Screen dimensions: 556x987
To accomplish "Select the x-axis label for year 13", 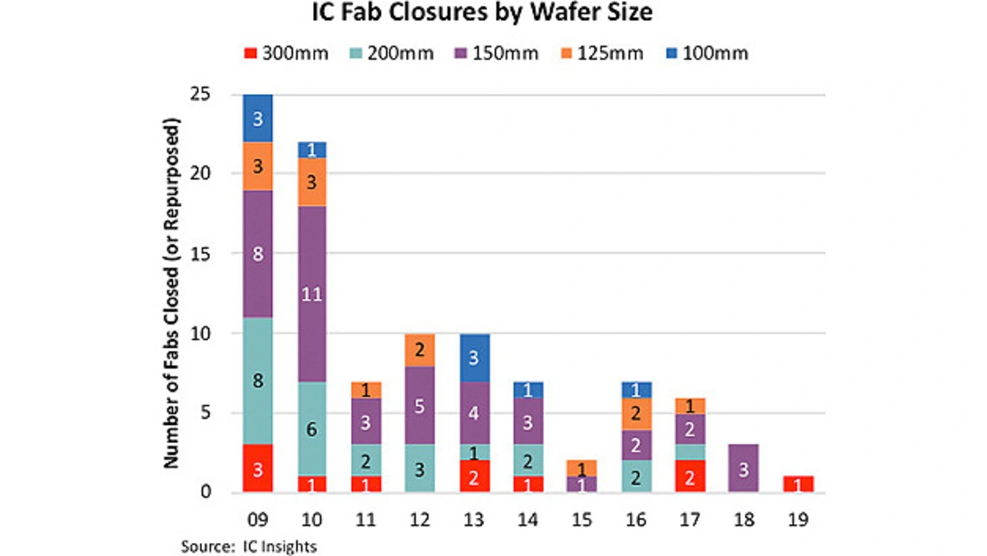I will pos(474,520).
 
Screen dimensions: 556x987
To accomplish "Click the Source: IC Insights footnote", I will pos(248,546).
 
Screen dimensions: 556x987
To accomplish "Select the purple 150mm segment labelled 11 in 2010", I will pos(312,294).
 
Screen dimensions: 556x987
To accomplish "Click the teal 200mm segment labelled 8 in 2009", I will pos(258,380).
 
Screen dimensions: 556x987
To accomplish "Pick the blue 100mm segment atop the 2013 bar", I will pos(474,357).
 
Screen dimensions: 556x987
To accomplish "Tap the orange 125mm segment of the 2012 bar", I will pos(420,350).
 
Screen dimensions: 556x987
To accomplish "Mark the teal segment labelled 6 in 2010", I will pos(312,429).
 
